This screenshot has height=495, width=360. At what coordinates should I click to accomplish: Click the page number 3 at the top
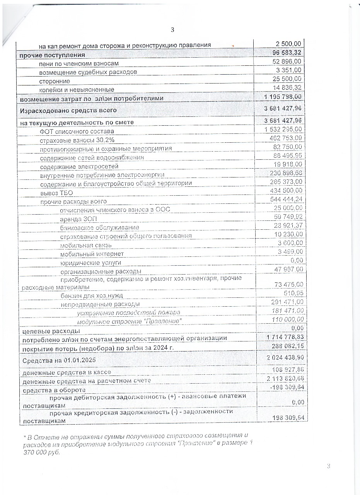[172, 30]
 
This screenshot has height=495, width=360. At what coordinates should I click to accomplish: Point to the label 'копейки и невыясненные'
[77, 90]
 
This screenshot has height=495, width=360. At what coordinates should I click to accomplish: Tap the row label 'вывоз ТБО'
[56, 193]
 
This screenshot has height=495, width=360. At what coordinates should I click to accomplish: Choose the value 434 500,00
[286, 191]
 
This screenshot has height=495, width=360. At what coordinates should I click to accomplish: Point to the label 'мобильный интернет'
[92, 254]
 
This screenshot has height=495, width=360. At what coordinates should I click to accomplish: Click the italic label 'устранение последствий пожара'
[128, 312]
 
